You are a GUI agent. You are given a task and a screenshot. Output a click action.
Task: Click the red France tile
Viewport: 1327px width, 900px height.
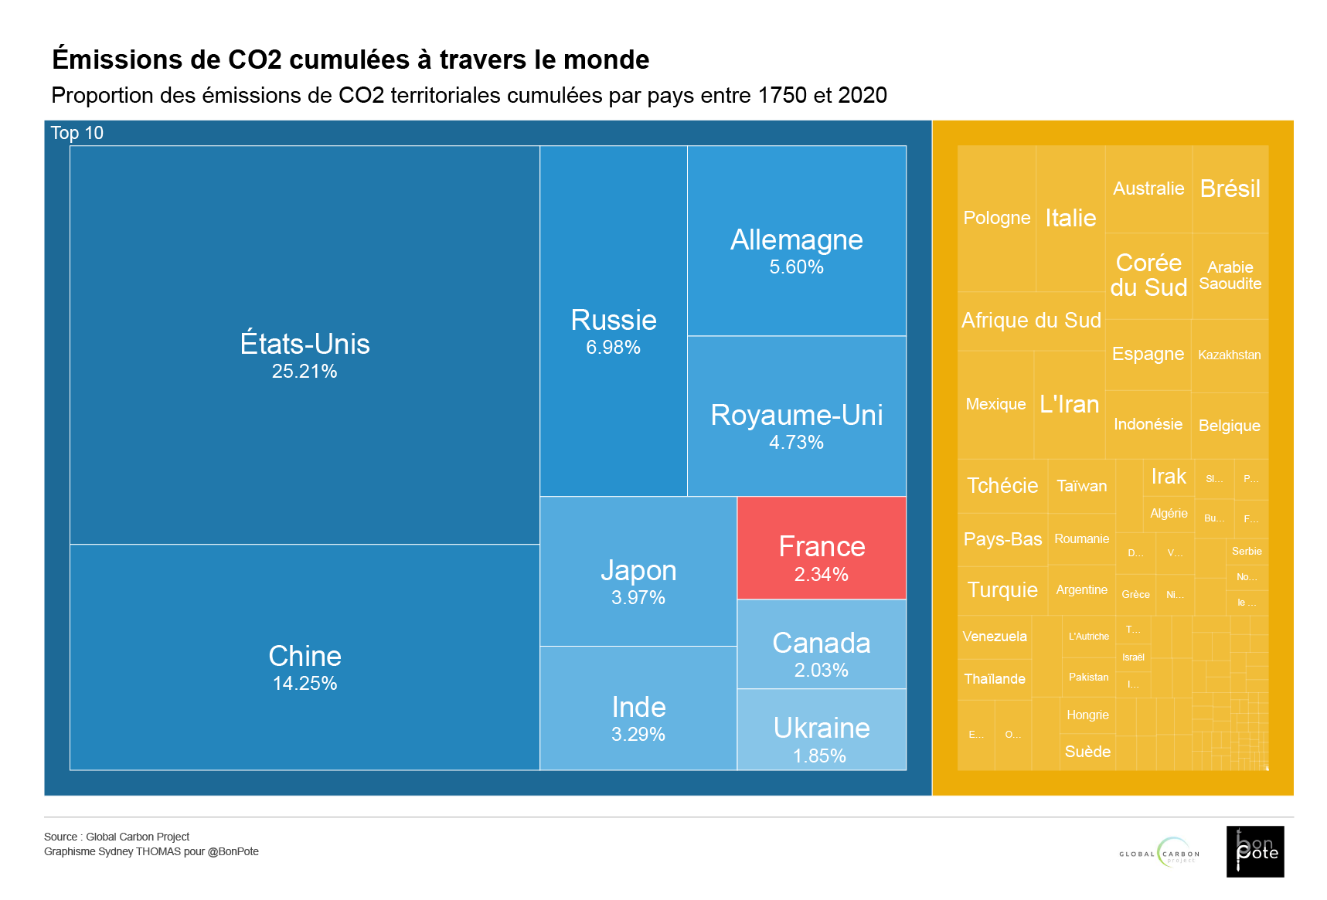(x=821, y=548)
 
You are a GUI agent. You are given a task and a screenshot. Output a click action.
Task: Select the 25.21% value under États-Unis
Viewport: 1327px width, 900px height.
(x=305, y=372)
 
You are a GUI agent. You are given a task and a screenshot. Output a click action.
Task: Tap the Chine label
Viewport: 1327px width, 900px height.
(x=305, y=656)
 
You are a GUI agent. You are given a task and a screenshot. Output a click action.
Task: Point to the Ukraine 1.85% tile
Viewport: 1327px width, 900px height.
(x=821, y=730)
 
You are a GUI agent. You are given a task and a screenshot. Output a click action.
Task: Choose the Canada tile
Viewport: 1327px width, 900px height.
(x=821, y=644)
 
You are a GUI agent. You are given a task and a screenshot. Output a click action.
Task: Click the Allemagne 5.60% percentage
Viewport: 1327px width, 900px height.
(x=796, y=267)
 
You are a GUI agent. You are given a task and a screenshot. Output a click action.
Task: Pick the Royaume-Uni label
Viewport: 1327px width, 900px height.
(x=796, y=415)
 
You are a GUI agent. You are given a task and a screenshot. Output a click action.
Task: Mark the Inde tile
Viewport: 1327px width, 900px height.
(x=638, y=708)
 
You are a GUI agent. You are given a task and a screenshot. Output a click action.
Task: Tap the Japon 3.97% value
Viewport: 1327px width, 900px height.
(x=638, y=597)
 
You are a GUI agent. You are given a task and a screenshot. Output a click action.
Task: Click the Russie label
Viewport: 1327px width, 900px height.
(x=614, y=320)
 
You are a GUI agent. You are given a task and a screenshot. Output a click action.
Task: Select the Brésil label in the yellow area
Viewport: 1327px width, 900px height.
(x=1230, y=188)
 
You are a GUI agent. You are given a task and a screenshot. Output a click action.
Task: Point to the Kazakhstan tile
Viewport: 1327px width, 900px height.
(x=1229, y=355)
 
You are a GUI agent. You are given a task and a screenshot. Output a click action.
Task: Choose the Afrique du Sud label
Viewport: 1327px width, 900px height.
(x=1031, y=321)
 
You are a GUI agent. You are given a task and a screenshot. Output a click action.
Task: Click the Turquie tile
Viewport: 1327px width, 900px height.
(x=1002, y=590)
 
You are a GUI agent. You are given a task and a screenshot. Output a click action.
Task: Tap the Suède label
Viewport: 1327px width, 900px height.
(x=1087, y=752)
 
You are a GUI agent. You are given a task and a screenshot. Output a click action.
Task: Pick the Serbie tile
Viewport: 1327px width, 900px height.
(x=1247, y=552)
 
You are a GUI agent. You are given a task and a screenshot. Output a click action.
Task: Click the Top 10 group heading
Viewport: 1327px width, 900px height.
(x=77, y=133)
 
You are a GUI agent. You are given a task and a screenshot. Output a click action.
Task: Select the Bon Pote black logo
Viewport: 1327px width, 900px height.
(x=1255, y=851)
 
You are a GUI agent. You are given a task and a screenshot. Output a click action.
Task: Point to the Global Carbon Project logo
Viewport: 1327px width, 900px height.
(x=1159, y=853)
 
